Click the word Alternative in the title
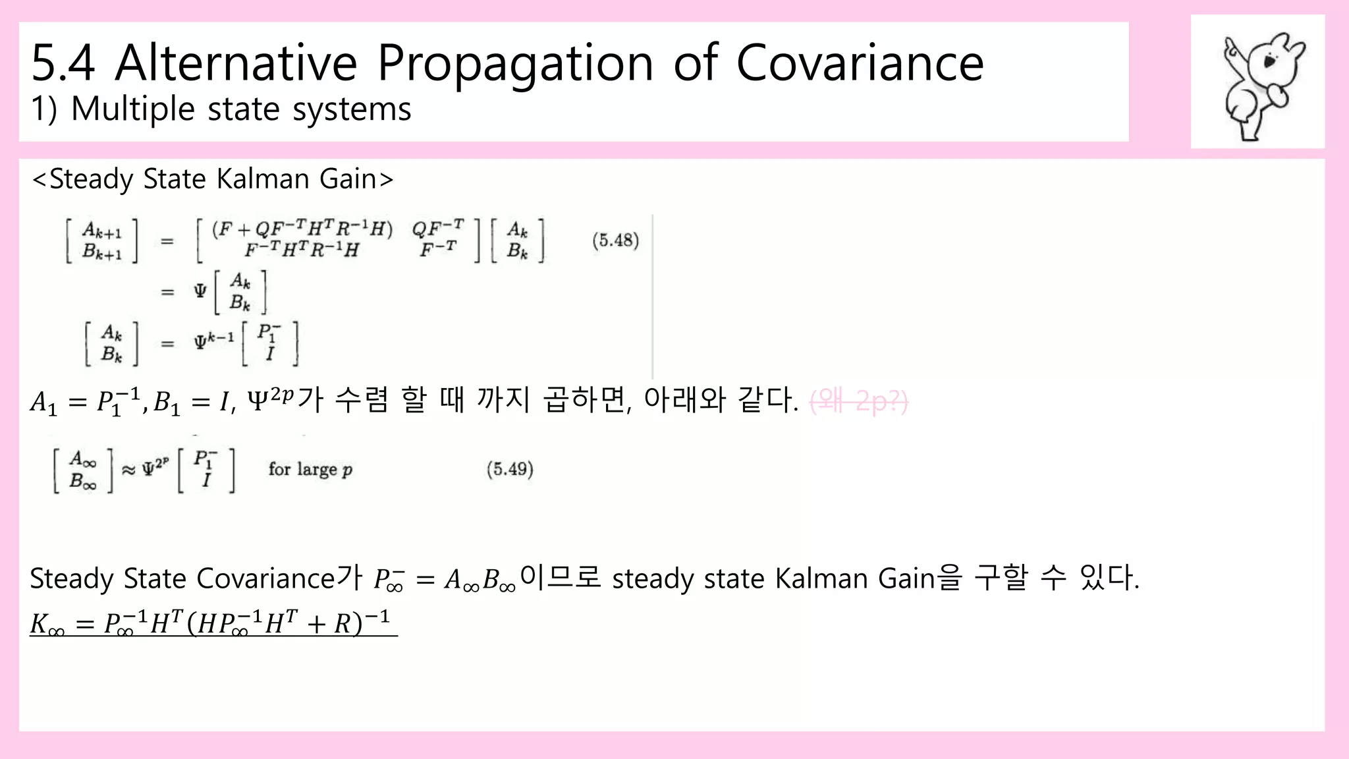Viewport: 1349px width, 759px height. click(236, 63)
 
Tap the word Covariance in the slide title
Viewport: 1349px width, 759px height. click(860, 63)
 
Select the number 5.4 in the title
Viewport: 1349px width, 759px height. click(63, 63)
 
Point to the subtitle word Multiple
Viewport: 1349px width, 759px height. click(132, 109)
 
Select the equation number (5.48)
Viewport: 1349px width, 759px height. click(615, 240)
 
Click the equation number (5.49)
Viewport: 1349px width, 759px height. click(510, 469)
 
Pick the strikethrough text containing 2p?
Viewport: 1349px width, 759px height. click(859, 401)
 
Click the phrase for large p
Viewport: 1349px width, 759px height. click(310, 469)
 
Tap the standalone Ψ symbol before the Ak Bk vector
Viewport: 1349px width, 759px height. click(200, 291)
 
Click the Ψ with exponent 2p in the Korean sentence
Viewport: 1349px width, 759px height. click(270, 399)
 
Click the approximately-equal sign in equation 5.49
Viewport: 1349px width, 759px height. click(129, 470)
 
